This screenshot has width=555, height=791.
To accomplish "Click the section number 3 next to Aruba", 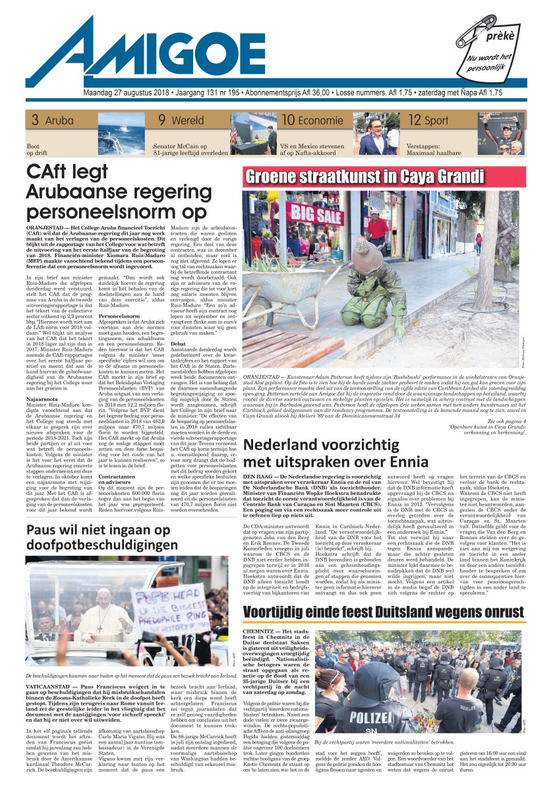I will pos(34,120).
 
